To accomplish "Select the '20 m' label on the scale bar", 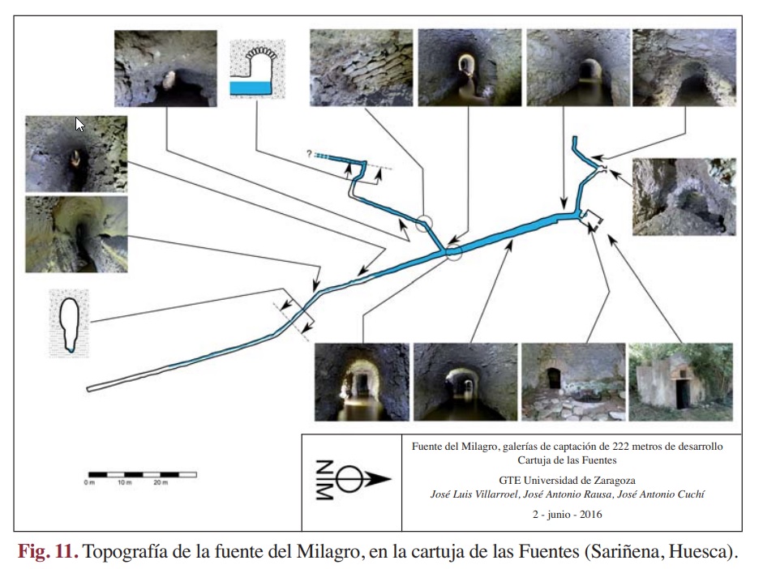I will (161, 484).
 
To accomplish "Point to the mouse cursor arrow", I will (79, 125).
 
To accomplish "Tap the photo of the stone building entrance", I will (679, 381).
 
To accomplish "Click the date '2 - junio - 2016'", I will (568, 514).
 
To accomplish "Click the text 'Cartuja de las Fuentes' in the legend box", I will (568, 460).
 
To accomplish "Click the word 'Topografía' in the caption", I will (126, 552).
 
